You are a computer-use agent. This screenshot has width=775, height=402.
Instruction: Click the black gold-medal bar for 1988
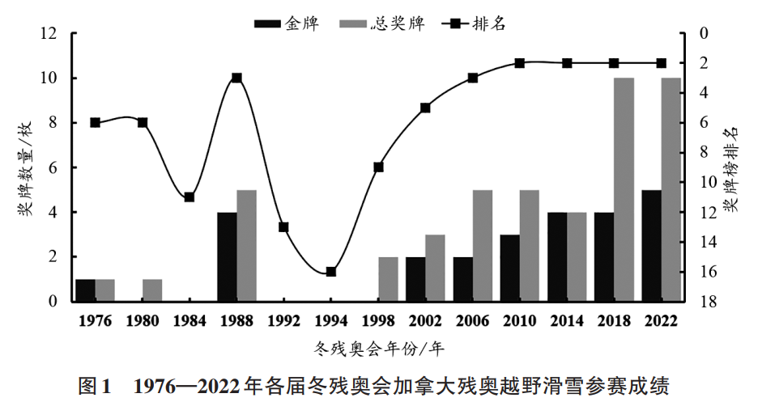(x=227, y=257)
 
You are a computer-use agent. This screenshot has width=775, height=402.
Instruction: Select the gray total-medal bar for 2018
(x=624, y=190)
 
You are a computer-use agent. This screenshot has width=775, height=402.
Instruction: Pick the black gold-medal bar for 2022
(x=651, y=246)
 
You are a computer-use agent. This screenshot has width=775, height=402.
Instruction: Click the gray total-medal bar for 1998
(x=388, y=279)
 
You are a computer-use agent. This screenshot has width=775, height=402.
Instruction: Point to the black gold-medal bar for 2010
(x=509, y=269)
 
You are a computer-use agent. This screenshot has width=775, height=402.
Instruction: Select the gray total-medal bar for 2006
(x=483, y=246)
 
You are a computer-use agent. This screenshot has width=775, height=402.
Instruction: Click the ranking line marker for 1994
(x=331, y=272)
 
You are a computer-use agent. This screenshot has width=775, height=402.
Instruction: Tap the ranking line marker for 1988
(x=236, y=78)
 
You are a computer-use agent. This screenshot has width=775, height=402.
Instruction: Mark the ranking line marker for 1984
(x=189, y=197)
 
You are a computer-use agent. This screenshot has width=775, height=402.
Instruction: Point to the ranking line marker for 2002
(x=425, y=108)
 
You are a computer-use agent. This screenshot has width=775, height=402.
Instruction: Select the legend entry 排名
(x=473, y=23)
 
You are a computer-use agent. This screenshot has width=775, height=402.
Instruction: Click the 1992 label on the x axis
(x=283, y=320)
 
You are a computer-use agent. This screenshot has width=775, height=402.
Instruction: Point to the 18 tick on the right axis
(x=701, y=302)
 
